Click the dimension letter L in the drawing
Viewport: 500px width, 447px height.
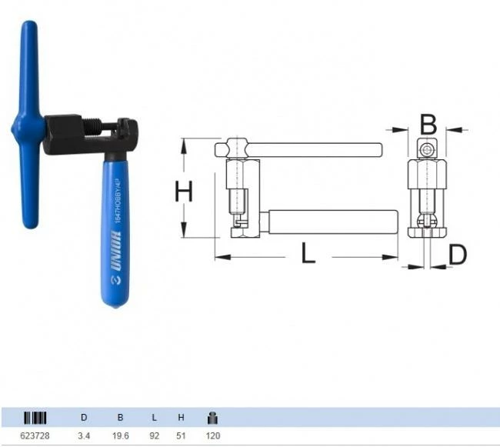click(308, 255)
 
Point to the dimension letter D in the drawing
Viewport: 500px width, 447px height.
click(457, 255)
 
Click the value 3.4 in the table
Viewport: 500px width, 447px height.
click(84, 436)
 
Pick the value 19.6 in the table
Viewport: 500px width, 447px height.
click(119, 436)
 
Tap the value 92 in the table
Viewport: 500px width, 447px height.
click(155, 436)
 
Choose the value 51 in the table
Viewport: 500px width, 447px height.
click(181, 436)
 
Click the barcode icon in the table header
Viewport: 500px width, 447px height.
click(35, 419)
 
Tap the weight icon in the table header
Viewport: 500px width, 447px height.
click(212, 418)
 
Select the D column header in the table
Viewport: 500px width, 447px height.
click(84, 419)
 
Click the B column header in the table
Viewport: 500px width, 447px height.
click(119, 419)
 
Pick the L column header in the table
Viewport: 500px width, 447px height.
click(155, 419)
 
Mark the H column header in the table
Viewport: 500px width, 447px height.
click(181, 419)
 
